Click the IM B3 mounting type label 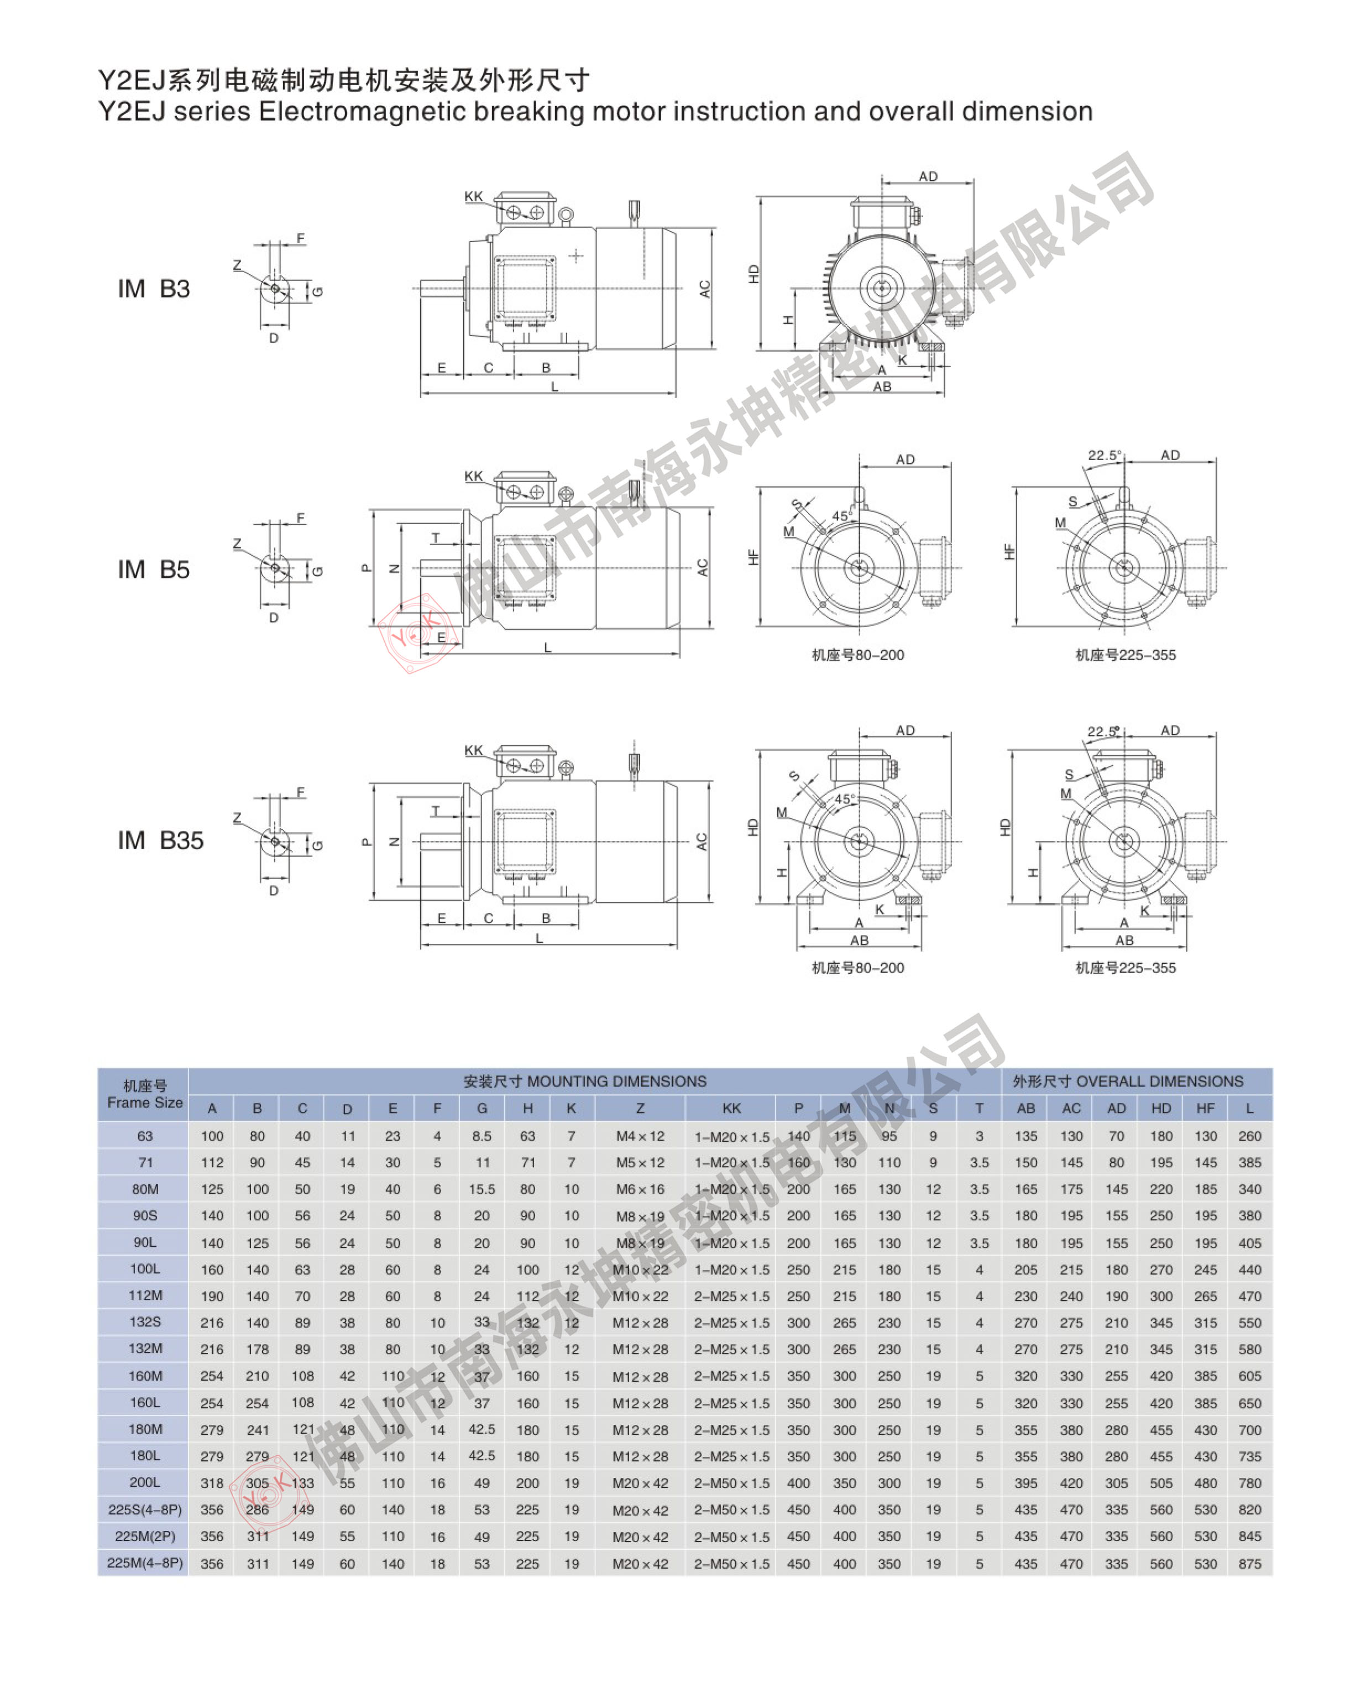[x=154, y=289]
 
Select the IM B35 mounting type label [x=160, y=840]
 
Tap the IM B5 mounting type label [x=154, y=570]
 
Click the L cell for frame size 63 [x=1249, y=1136]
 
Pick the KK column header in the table [x=731, y=1108]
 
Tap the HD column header [x=1161, y=1108]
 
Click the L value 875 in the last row [x=1249, y=1563]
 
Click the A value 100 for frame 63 [x=212, y=1136]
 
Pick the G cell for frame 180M [x=482, y=1429]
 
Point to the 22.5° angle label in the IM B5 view [x=1104, y=456]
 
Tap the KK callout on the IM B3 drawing [x=473, y=197]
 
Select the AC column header [x=1071, y=1108]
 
